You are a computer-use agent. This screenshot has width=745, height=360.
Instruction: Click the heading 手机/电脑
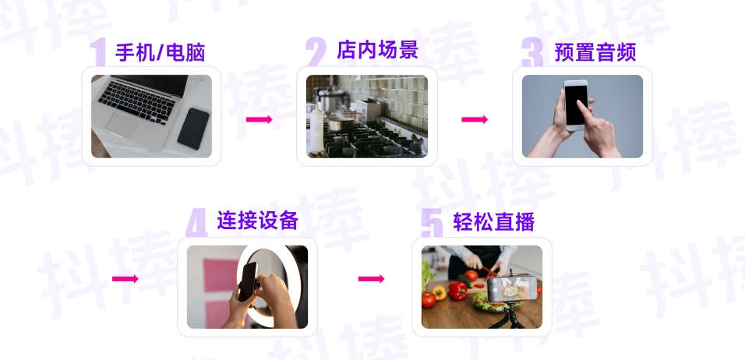point(160,52)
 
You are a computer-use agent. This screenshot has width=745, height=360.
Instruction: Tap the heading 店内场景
point(377,50)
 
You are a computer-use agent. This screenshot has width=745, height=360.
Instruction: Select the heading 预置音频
point(595,52)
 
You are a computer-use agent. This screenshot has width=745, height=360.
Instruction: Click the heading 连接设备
point(257,221)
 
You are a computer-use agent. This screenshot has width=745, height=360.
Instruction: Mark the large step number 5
point(432,224)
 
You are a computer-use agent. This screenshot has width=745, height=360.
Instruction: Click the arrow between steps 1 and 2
point(259,119)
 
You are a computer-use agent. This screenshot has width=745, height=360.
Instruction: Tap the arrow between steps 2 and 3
point(475,119)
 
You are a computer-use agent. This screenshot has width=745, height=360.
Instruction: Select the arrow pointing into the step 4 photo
point(125,279)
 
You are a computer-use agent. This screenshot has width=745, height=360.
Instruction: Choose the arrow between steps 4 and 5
point(371,279)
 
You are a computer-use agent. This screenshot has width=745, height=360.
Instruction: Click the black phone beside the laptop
point(193,128)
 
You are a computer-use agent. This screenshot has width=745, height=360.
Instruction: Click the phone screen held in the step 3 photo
point(577,104)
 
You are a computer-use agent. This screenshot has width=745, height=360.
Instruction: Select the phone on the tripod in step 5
point(512,290)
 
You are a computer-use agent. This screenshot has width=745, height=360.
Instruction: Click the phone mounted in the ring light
point(249,281)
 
